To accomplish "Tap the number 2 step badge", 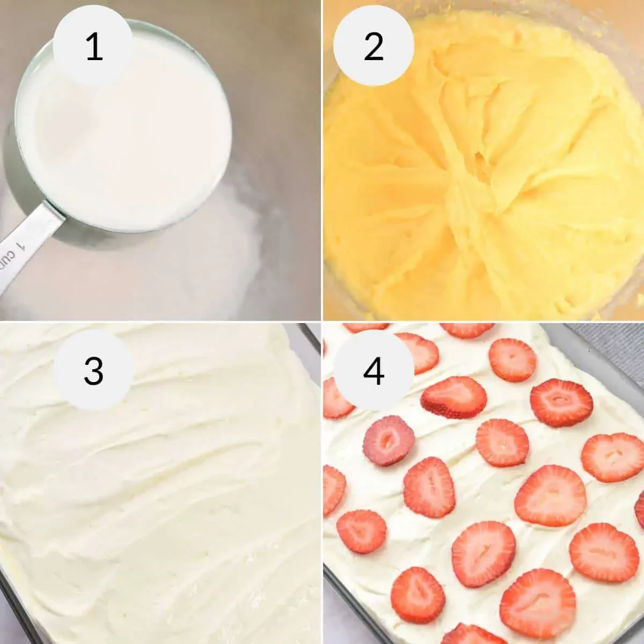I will click(374, 46).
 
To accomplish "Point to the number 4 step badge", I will click(374, 370).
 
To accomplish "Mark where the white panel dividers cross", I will click(321, 321).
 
